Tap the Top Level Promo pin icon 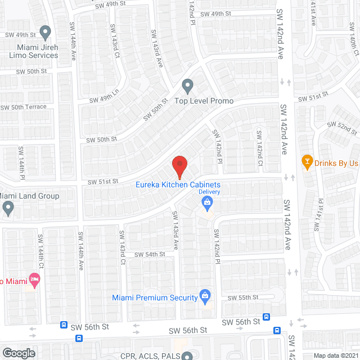click(188, 87)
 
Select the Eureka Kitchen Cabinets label click(178, 184)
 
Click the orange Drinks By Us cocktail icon click(307, 163)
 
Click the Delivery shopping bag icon click(208, 202)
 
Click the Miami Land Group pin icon click(8, 208)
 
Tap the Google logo click(18, 353)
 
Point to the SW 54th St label click(150, 254)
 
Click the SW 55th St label click(242, 297)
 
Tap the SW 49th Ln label click(105, 96)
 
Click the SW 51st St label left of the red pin click(102, 181)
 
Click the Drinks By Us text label click(337, 163)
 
